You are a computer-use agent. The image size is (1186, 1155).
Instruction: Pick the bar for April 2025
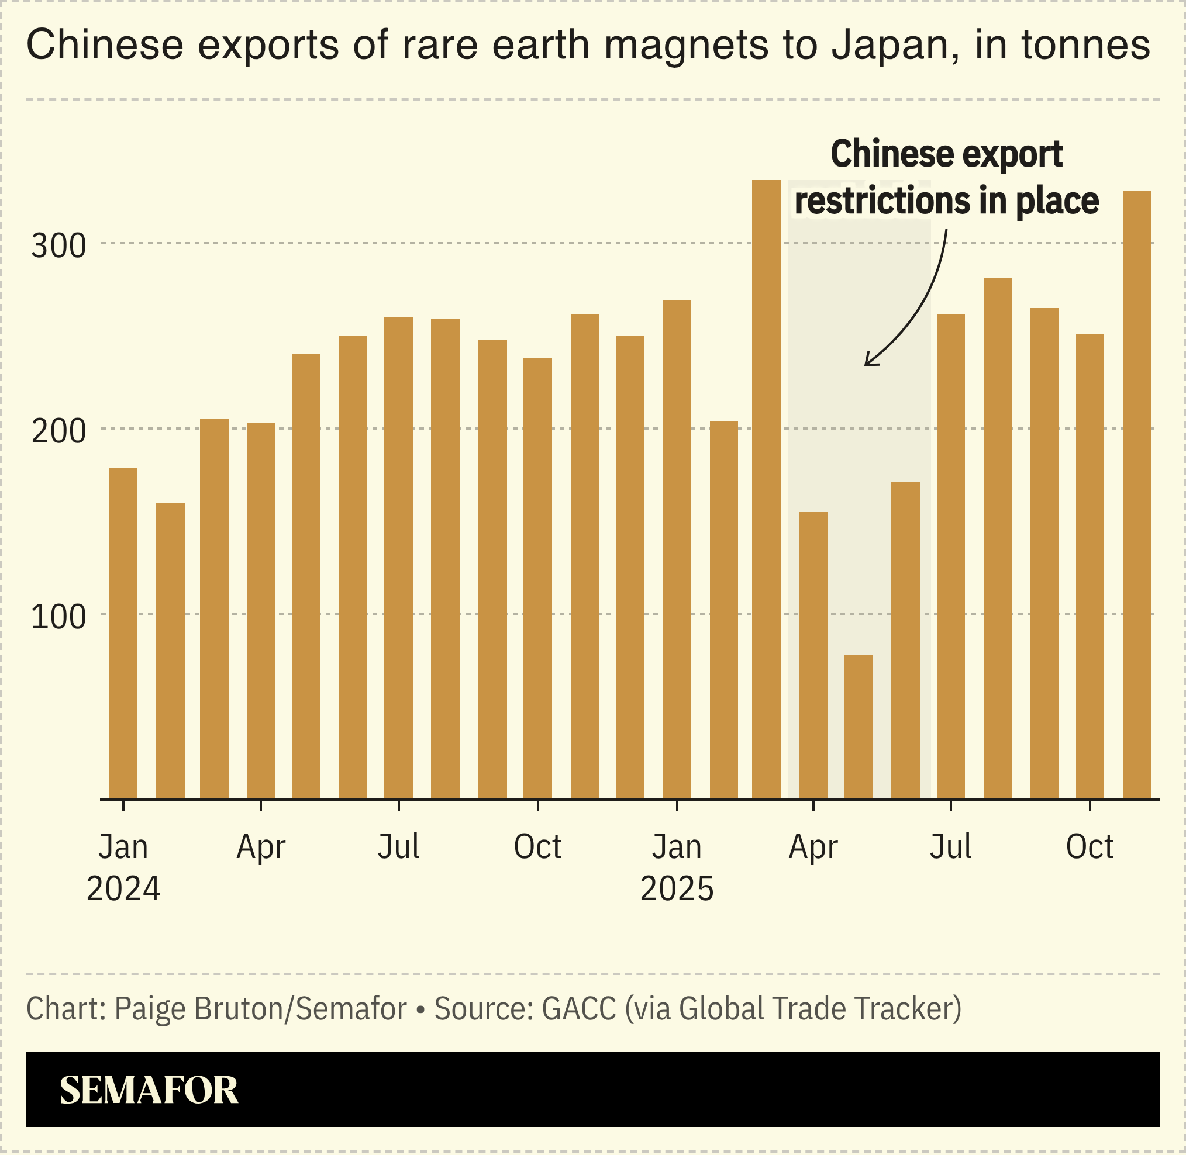[x=813, y=655]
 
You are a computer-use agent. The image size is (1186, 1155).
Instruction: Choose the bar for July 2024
[x=398, y=558]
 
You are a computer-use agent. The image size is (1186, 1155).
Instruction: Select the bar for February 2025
[x=723, y=610]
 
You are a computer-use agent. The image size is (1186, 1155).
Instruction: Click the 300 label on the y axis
[x=59, y=246]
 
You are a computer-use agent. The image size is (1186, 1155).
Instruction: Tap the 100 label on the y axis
[x=59, y=617]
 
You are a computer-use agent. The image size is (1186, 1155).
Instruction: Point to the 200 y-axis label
[x=59, y=432]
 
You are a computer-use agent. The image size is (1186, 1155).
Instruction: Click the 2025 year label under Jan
[x=677, y=890]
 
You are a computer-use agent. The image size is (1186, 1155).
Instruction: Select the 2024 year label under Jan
[x=123, y=890]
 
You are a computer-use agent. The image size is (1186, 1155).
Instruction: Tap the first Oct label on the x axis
[x=537, y=847]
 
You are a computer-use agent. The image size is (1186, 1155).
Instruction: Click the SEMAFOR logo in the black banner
[x=149, y=1090]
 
